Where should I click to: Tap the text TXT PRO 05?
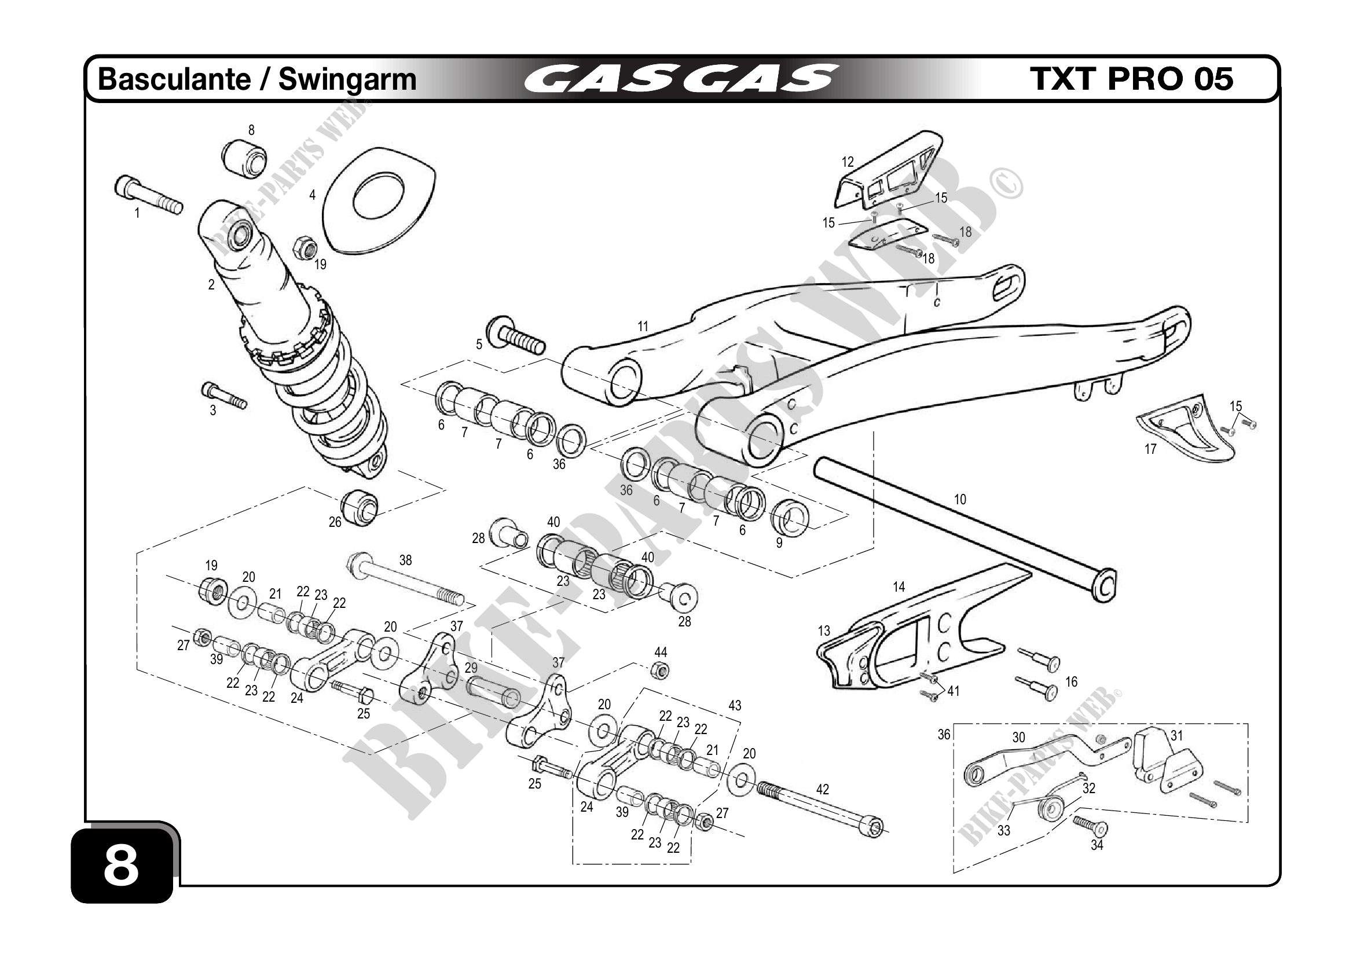pyautogui.click(x=1131, y=79)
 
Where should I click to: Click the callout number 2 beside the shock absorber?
pyautogui.click(x=211, y=285)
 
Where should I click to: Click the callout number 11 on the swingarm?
pyautogui.click(x=643, y=326)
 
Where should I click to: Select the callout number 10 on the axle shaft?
pyautogui.click(x=960, y=500)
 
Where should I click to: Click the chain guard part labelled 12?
pyautogui.click(x=890, y=171)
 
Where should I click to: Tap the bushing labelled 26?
pyautogui.click(x=360, y=505)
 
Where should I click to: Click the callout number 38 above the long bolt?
pyautogui.click(x=405, y=560)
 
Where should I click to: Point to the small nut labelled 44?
pyautogui.click(x=661, y=670)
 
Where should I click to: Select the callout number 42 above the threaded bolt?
pyautogui.click(x=823, y=789)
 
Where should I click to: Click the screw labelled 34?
pyautogui.click(x=1091, y=826)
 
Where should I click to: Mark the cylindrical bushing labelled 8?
pyautogui.click(x=244, y=157)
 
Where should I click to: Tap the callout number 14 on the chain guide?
pyautogui.click(x=899, y=586)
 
